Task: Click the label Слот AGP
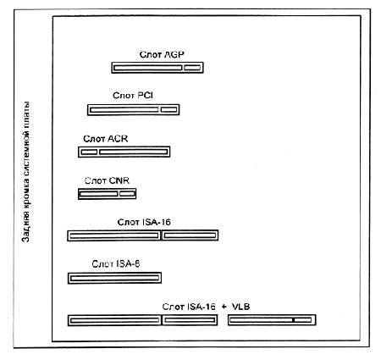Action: click(x=162, y=54)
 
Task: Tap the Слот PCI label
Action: click(x=133, y=96)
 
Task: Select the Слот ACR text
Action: click(x=106, y=139)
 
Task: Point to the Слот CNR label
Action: click(x=107, y=180)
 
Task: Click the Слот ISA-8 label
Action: click(x=116, y=263)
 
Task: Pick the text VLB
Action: click(x=240, y=307)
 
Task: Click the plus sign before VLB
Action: click(x=224, y=307)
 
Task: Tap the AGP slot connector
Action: click(x=157, y=68)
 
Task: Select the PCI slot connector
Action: click(x=133, y=109)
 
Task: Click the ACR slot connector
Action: click(x=124, y=152)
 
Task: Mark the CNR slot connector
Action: click(x=107, y=194)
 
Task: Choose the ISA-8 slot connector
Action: click(x=114, y=278)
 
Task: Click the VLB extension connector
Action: click(x=272, y=320)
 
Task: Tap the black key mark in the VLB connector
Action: click(x=294, y=320)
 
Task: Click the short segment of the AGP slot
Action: click(x=192, y=68)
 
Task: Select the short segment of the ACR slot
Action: click(x=89, y=152)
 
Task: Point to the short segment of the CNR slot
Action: click(x=127, y=194)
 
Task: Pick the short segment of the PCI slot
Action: click(x=168, y=109)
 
